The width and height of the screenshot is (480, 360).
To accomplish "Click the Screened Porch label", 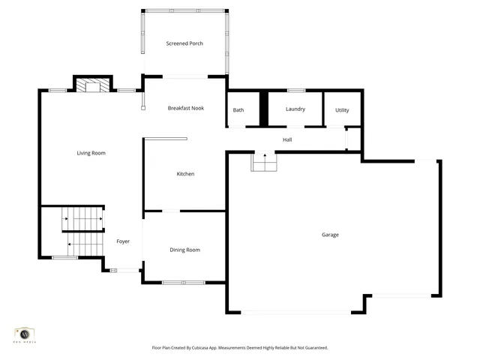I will tap(184, 43).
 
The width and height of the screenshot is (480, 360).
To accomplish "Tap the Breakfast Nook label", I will tap(185, 109).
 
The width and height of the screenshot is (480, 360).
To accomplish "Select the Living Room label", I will tap(91, 153).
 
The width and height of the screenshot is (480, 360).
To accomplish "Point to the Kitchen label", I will tap(185, 174).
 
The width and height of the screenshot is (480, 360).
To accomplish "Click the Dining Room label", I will tap(184, 250).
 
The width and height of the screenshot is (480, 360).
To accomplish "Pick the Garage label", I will tap(330, 235).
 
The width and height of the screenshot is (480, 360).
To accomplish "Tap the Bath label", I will tap(238, 110).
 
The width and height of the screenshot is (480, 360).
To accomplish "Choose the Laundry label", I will tap(295, 109).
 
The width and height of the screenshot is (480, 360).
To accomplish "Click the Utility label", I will tap(342, 110).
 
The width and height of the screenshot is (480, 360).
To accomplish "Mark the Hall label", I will tap(287, 140).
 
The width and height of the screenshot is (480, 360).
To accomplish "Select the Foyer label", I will tap(123, 241).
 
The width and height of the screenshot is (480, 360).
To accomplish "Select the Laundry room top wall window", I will tap(295, 91).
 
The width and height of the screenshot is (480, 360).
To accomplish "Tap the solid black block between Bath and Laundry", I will tap(263, 109).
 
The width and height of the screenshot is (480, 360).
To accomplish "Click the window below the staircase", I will tap(64, 258).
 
